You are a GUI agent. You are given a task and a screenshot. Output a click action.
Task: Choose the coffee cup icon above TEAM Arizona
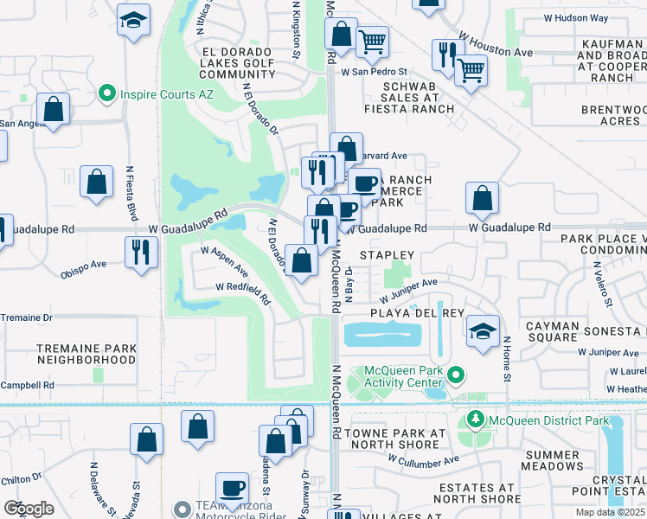tap(232, 488)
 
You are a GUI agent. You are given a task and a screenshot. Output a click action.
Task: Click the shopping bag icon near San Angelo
tap(54, 110)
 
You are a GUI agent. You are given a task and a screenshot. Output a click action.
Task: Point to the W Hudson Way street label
tap(576, 17)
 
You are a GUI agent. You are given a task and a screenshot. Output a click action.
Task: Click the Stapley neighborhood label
tap(388, 255)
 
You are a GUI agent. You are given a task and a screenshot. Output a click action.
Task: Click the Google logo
tap(29, 509)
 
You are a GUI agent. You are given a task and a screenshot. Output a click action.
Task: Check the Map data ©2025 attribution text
tap(609, 512)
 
